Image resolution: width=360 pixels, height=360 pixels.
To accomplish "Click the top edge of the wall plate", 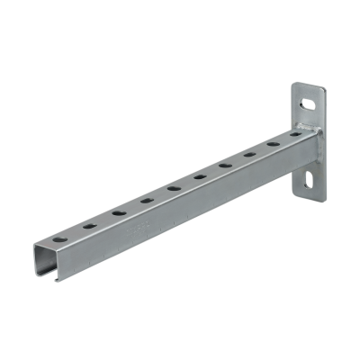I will [306, 84].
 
